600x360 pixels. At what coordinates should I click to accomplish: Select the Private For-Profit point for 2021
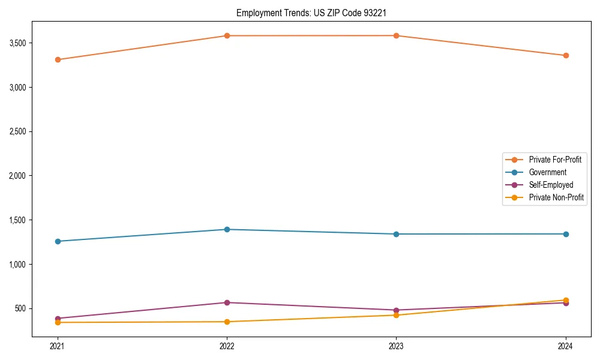(x=58, y=59)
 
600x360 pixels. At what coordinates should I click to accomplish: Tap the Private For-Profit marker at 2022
(x=227, y=35)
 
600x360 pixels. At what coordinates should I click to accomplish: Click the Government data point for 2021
(x=58, y=241)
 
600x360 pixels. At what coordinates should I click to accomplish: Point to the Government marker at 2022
(x=227, y=229)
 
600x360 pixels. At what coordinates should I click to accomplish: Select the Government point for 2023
(x=396, y=234)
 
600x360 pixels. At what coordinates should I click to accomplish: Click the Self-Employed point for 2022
(x=227, y=302)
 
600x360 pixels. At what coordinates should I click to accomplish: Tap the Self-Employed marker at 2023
(x=396, y=310)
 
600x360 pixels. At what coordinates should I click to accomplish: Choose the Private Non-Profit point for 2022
(x=227, y=322)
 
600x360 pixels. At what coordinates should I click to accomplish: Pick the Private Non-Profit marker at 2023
(x=396, y=315)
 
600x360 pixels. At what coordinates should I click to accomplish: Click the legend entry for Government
(x=547, y=172)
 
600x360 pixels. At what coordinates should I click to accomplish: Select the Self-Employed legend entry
(x=551, y=185)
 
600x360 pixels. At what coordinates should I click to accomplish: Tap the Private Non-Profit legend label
(x=556, y=197)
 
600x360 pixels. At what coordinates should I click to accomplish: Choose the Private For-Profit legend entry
(x=554, y=160)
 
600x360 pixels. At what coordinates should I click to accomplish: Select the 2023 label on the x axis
(x=396, y=346)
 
